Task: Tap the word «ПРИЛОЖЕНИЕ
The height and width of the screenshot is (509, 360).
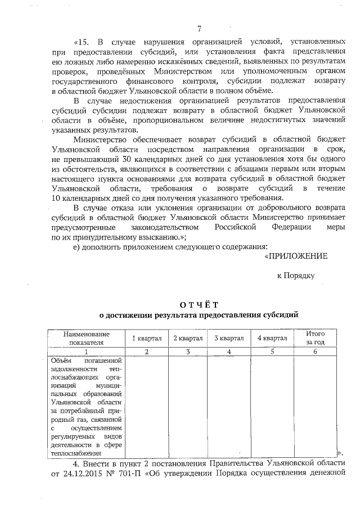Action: (296, 256)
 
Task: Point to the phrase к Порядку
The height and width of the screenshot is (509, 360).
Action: (296, 275)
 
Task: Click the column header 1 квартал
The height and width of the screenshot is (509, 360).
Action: (147, 338)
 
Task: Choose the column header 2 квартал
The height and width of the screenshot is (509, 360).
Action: (188, 338)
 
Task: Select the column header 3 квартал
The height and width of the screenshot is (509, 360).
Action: (229, 338)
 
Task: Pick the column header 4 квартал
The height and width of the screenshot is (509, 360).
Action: (272, 338)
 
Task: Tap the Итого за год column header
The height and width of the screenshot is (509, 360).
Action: (316, 337)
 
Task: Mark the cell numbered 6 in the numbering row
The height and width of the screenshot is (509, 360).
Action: (316, 352)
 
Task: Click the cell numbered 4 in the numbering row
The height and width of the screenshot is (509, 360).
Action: (229, 352)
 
